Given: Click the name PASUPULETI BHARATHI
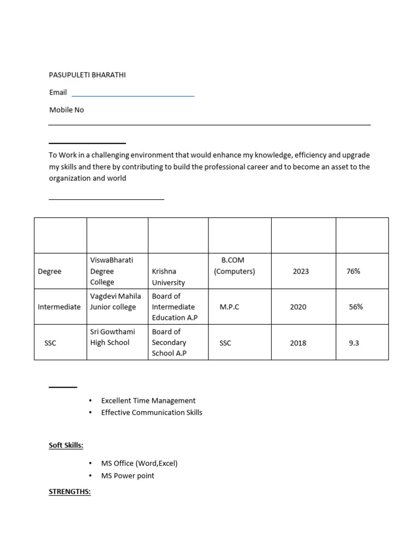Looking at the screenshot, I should [87, 75].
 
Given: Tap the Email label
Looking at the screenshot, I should [58, 92].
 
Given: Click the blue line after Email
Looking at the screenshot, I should [133, 96].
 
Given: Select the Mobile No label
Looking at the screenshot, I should [67, 110].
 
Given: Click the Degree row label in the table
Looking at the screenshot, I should [50, 271].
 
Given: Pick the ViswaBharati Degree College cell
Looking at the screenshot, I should [111, 271].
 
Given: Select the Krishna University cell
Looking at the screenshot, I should [168, 277].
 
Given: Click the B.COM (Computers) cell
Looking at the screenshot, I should [234, 266].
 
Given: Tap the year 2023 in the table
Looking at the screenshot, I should [301, 271].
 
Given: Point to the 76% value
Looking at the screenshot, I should [353, 271].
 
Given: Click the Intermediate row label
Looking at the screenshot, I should [59, 307].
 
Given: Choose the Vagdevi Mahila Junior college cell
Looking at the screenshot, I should [116, 301].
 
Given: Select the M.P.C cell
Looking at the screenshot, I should [229, 307].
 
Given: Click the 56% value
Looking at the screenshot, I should [356, 307].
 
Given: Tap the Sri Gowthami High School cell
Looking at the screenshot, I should [112, 337].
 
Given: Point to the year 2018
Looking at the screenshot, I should [298, 343].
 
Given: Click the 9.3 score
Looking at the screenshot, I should [354, 343].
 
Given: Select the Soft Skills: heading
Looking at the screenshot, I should [66, 445].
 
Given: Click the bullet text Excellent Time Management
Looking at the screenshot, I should [148, 401].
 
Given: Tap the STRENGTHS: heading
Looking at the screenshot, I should [69, 492].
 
